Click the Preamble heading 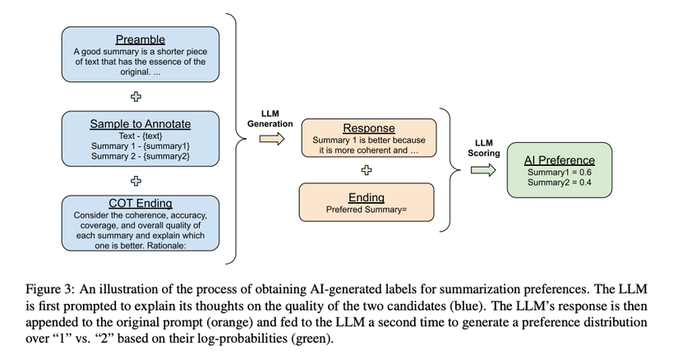(140, 39)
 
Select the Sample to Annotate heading (140, 124)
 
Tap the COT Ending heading (140, 204)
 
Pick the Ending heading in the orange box (367, 197)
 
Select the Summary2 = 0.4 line (559, 182)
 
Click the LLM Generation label (270, 117)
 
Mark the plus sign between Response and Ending (367, 170)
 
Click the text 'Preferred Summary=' (367, 210)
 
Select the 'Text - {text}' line (140, 136)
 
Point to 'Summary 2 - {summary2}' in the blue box (140, 156)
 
